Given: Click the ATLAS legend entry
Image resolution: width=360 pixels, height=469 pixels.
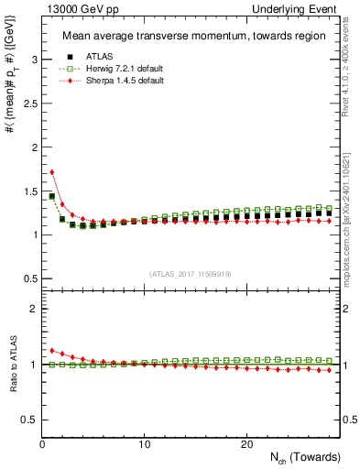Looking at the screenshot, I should tap(98, 58).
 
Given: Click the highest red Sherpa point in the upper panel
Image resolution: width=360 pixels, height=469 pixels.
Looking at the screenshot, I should tap(52, 171).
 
